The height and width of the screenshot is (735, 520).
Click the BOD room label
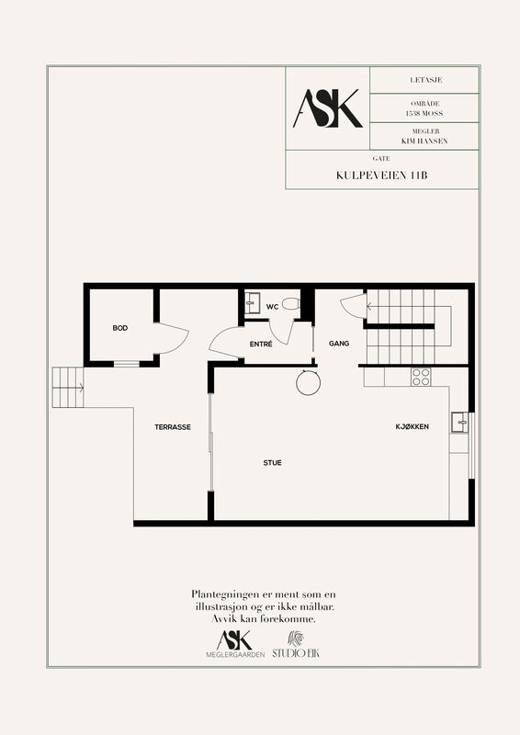point(120,328)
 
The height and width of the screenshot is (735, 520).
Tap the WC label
point(272,307)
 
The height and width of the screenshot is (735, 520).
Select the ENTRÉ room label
point(261,344)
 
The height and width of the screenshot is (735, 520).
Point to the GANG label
point(339,344)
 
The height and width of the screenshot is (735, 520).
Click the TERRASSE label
point(173,427)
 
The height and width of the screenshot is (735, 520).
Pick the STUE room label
point(273,463)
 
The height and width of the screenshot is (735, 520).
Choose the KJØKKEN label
point(413,426)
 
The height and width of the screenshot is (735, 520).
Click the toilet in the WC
point(290,303)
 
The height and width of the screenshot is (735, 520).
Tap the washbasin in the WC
point(253,303)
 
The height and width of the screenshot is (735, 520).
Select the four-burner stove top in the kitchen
point(421,377)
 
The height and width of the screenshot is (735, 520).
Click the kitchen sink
point(459,423)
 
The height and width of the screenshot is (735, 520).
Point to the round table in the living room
point(308,382)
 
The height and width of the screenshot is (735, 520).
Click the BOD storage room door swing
point(171,338)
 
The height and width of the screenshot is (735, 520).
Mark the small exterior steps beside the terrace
point(68,387)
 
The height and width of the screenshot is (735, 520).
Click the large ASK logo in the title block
point(328,108)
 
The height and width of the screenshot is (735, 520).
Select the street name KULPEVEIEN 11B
point(381,175)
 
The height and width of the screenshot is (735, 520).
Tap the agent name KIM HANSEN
point(424,141)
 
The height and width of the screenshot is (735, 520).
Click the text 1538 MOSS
point(424,113)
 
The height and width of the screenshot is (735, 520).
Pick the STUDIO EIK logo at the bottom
point(296,645)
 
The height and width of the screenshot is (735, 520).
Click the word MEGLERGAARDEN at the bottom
point(235,654)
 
